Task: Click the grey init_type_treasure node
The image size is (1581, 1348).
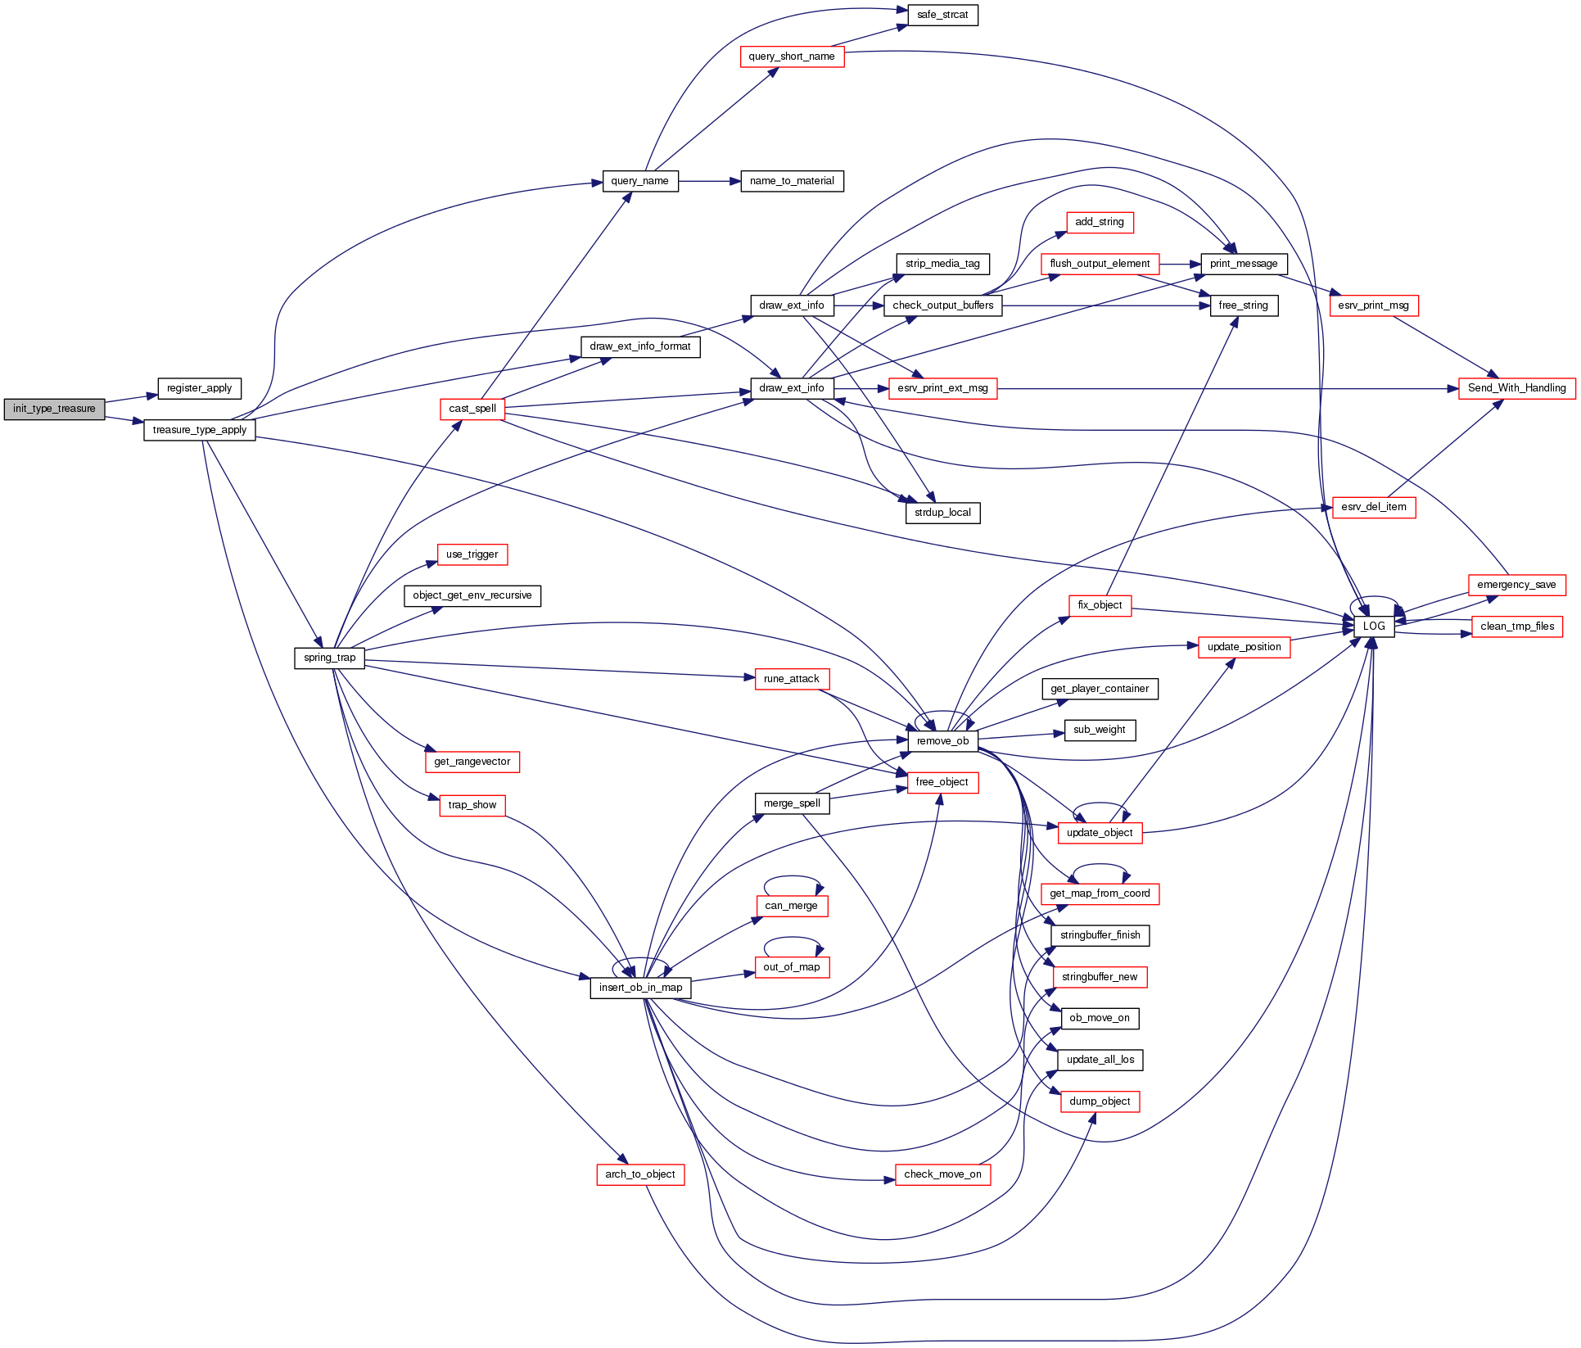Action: pos(54,409)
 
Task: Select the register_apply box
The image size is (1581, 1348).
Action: pos(199,388)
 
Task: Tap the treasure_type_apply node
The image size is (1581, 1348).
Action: pos(199,430)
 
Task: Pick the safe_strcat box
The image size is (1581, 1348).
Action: pos(942,15)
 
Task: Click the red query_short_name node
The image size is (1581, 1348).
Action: pos(792,57)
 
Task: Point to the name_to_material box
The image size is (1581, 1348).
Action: pos(792,181)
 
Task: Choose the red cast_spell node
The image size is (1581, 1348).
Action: pos(472,409)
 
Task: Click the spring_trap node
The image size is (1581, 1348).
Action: pos(329,658)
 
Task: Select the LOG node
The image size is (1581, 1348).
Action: pos(1374,627)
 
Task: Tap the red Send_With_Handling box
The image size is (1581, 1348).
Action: pos(1516,388)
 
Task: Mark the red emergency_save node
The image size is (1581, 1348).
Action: pos(1516,585)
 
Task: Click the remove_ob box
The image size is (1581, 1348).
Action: pos(942,741)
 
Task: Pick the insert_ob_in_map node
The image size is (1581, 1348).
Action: pos(640,988)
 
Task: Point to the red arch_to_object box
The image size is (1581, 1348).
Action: pos(640,1174)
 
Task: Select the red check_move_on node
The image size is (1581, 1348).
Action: pos(942,1174)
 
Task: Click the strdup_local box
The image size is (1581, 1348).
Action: pos(942,513)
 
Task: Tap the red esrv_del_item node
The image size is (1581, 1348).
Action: pos(1374,507)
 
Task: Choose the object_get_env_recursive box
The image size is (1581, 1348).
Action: pos(472,595)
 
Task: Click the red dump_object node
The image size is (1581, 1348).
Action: pos(1100,1101)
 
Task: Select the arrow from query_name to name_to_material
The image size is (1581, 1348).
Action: pos(709,181)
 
